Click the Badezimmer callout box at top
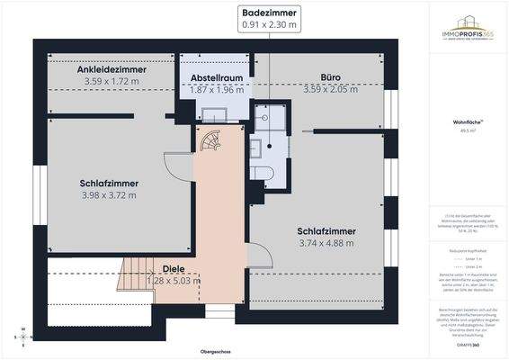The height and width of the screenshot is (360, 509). click(269, 20)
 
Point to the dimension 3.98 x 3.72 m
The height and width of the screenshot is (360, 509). click(109, 194)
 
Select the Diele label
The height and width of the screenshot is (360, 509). click(174, 269)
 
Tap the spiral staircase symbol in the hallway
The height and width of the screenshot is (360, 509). click(210, 142)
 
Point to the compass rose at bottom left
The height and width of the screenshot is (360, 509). click(15, 337)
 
